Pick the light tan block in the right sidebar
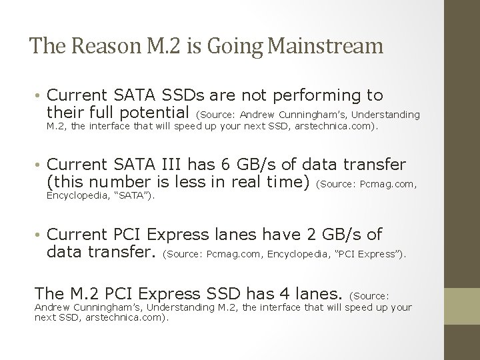461,307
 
